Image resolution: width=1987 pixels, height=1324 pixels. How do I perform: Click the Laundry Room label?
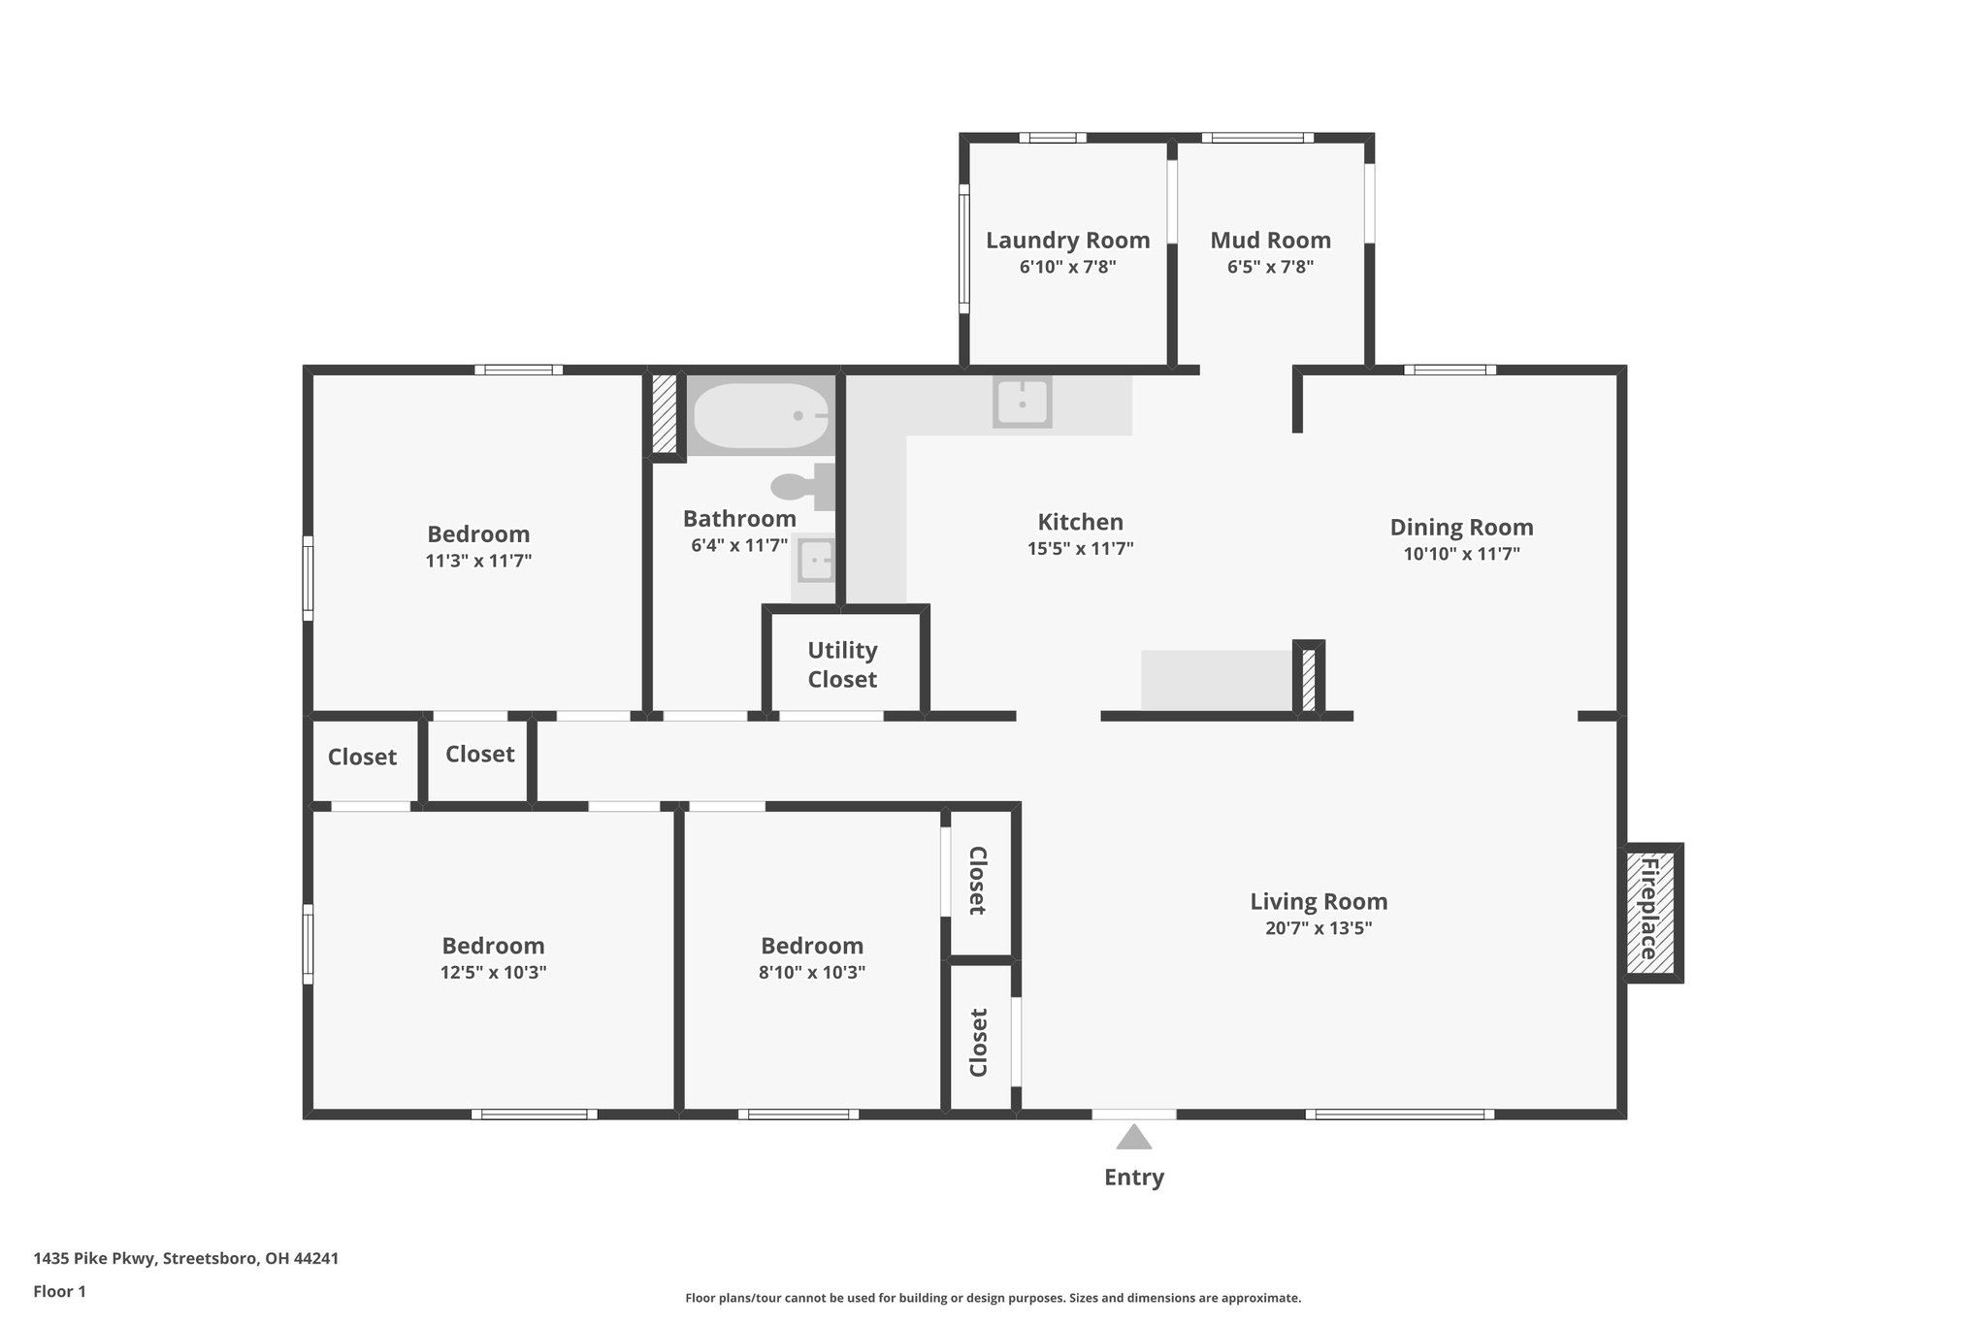click(x=1067, y=240)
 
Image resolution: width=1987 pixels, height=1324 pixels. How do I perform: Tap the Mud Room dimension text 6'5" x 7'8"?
click(x=1270, y=267)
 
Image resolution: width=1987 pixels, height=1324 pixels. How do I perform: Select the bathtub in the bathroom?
click(x=761, y=415)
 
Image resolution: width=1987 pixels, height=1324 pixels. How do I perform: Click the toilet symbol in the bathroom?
click(x=803, y=485)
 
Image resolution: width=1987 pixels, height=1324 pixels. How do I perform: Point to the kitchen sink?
click(x=1022, y=402)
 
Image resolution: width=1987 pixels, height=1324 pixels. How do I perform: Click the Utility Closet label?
click(x=842, y=664)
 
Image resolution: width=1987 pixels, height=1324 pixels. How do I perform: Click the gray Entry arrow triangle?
click(x=1133, y=1137)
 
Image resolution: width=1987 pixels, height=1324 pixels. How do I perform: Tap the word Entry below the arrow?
click(x=1133, y=1177)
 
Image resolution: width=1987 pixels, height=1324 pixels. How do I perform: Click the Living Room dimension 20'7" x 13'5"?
click(x=1318, y=928)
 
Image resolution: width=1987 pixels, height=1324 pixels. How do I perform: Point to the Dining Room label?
click(x=1461, y=527)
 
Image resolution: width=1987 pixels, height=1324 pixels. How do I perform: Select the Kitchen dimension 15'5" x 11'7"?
click(x=1080, y=549)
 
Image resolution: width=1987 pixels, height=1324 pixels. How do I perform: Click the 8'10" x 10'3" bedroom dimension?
click(x=811, y=972)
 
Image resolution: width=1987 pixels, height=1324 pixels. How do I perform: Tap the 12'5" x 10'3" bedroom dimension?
click(x=493, y=972)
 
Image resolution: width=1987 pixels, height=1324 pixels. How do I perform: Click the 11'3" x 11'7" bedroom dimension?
click(x=478, y=561)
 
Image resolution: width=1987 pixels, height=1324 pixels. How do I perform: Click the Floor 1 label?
click(x=59, y=1291)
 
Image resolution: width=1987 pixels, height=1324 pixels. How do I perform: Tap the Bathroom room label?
click(x=739, y=519)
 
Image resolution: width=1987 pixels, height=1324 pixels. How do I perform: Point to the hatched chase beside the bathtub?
click(x=664, y=413)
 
